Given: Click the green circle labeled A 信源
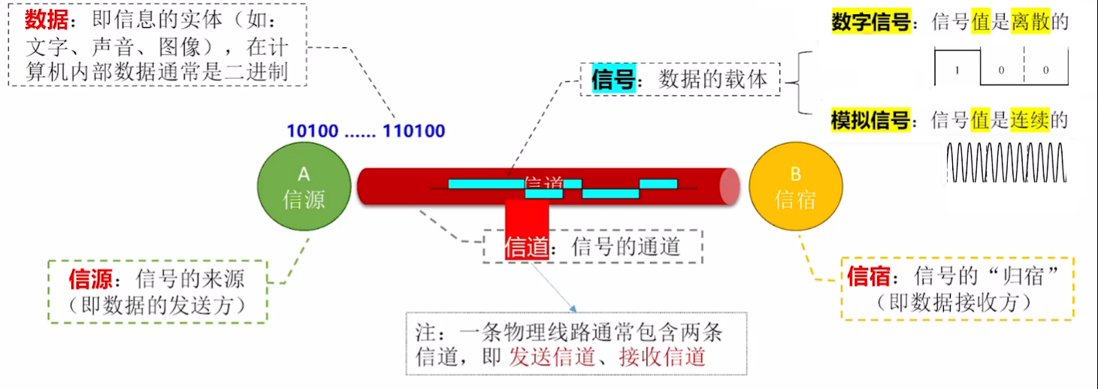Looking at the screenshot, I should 304,188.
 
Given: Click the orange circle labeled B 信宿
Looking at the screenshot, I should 795,188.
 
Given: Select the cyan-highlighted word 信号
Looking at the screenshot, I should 613,80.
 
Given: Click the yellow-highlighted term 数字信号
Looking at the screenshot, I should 870,22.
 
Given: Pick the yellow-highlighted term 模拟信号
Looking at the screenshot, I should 870,120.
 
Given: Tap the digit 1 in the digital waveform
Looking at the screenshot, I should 957,70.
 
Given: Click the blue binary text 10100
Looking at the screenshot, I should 312,131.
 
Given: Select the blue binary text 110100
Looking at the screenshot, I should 414,131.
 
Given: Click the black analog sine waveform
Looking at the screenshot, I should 1006,162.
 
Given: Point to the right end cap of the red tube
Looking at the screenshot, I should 730,187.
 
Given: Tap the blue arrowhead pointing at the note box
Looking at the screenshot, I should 573,309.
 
